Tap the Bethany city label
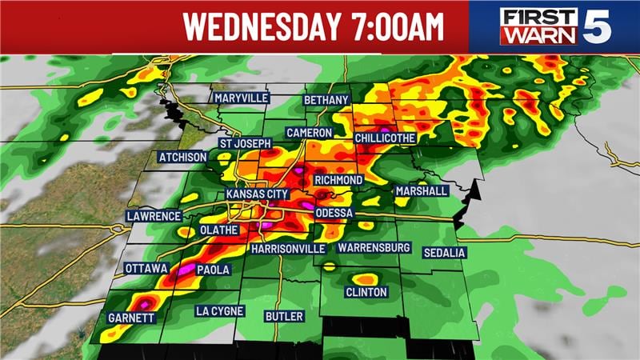pyautogui.click(x=326, y=100)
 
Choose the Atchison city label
pyautogui.click(x=182, y=157)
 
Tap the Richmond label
pyautogui.click(x=338, y=180)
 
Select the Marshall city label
pyautogui.click(x=421, y=191)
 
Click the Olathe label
pyautogui.click(x=218, y=230)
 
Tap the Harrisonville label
pyautogui.click(x=288, y=249)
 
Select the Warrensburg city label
pyautogui.click(x=374, y=248)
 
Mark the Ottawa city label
pyautogui.click(x=145, y=269)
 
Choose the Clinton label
pyautogui.click(x=366, y=293)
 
